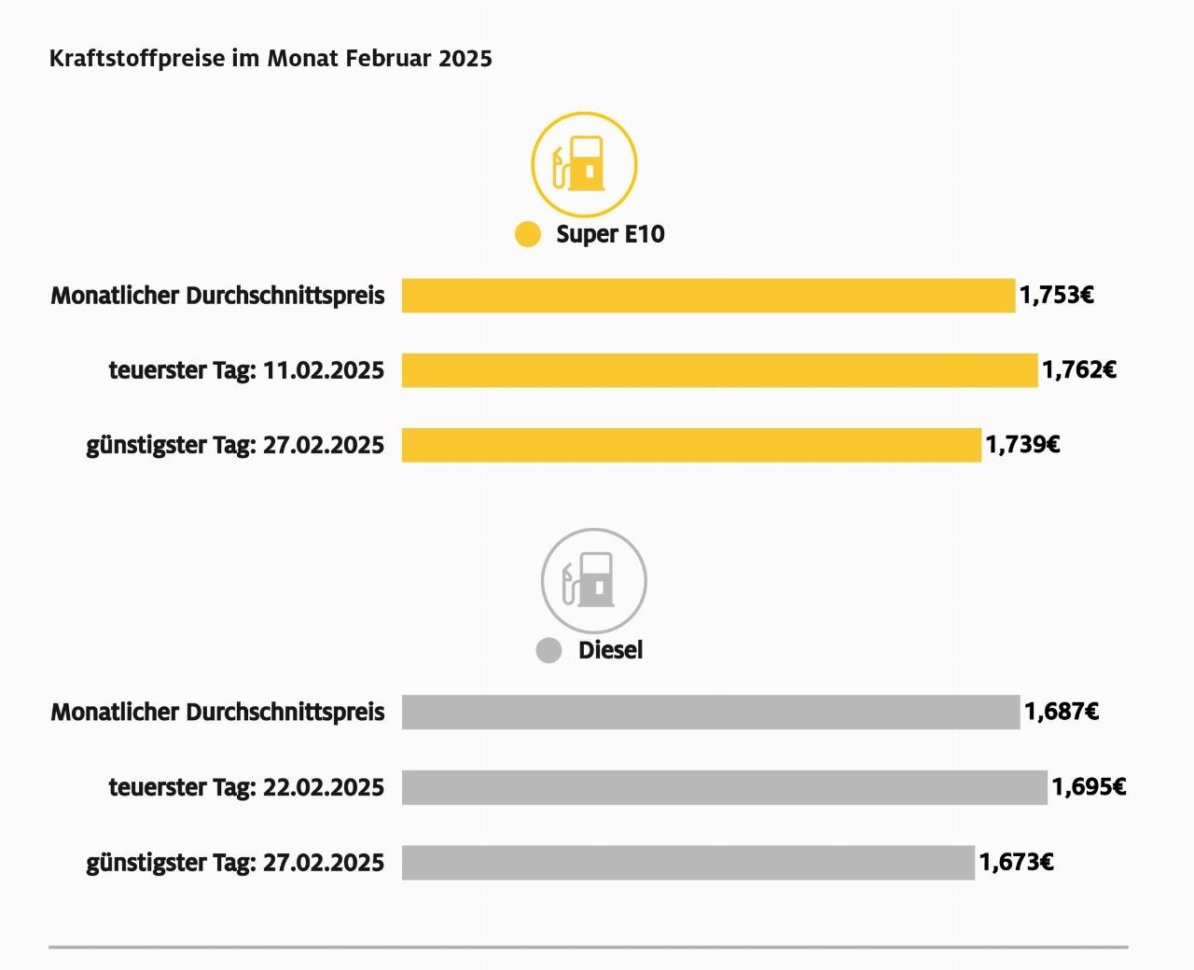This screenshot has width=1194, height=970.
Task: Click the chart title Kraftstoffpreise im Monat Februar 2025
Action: pos(271,59)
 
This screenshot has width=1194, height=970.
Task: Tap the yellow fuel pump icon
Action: pos(584,164)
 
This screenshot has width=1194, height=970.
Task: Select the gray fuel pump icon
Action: pos(594,581)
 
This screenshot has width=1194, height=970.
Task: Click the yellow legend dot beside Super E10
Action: pos(528,234)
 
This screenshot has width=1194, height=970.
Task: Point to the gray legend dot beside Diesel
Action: pos(548,651)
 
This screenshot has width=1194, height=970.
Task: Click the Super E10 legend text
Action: pos(610,234)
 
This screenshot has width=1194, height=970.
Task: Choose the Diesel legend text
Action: pos(610,650)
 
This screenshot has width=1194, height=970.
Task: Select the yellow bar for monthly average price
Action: pos(708,296)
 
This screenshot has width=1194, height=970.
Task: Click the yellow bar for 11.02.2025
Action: pos(719,370)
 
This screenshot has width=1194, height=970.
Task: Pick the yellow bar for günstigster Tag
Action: pos(691,445)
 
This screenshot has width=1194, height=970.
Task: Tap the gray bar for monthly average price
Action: pos(711,712)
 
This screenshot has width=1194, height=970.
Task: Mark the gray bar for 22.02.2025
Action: pos(724,787)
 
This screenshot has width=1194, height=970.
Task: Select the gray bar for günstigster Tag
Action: pos(687,862)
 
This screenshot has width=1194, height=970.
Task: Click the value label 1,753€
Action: pos(1056,296)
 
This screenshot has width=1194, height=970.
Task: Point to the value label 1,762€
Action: pos(1079,370)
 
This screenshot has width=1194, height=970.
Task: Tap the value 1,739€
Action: pos(1022,445)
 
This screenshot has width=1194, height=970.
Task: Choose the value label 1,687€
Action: pos(1062,712)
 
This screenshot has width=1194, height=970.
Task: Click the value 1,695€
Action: pos(1089,787)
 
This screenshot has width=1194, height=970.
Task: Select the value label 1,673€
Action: pos(1016,862)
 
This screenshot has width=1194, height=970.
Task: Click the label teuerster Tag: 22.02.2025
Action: pos(246,787)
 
